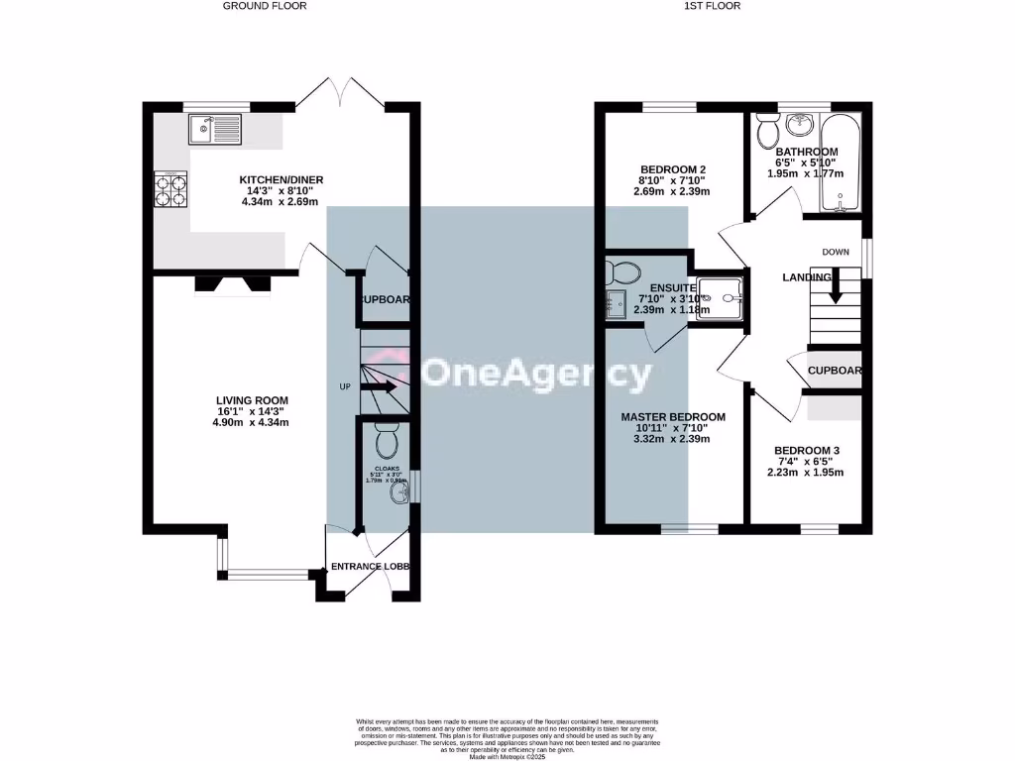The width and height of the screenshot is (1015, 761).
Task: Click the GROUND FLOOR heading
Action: [x=265, y=6]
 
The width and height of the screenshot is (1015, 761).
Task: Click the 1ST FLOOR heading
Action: [x=713, y=6]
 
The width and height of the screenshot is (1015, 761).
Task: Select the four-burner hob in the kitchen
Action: [x=170, y=189]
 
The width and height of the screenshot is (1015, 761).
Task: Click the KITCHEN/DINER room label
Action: [x=282, y=179]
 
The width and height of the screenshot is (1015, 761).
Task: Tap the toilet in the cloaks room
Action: [x=387, y=437]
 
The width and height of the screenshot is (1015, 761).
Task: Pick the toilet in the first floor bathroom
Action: [x=766, y=130]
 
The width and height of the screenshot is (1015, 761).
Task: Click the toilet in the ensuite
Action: [x=622, y=272]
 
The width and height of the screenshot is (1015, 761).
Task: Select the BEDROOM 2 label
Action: [x=673, y=169]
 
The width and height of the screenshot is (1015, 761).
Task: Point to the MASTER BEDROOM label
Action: [x=673, y=417]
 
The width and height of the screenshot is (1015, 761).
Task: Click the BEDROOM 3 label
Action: [x=808, y=450]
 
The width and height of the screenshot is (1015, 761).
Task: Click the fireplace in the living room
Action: [x=233, y=284]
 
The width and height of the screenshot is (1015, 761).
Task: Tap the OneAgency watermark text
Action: [x=538, y=375]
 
